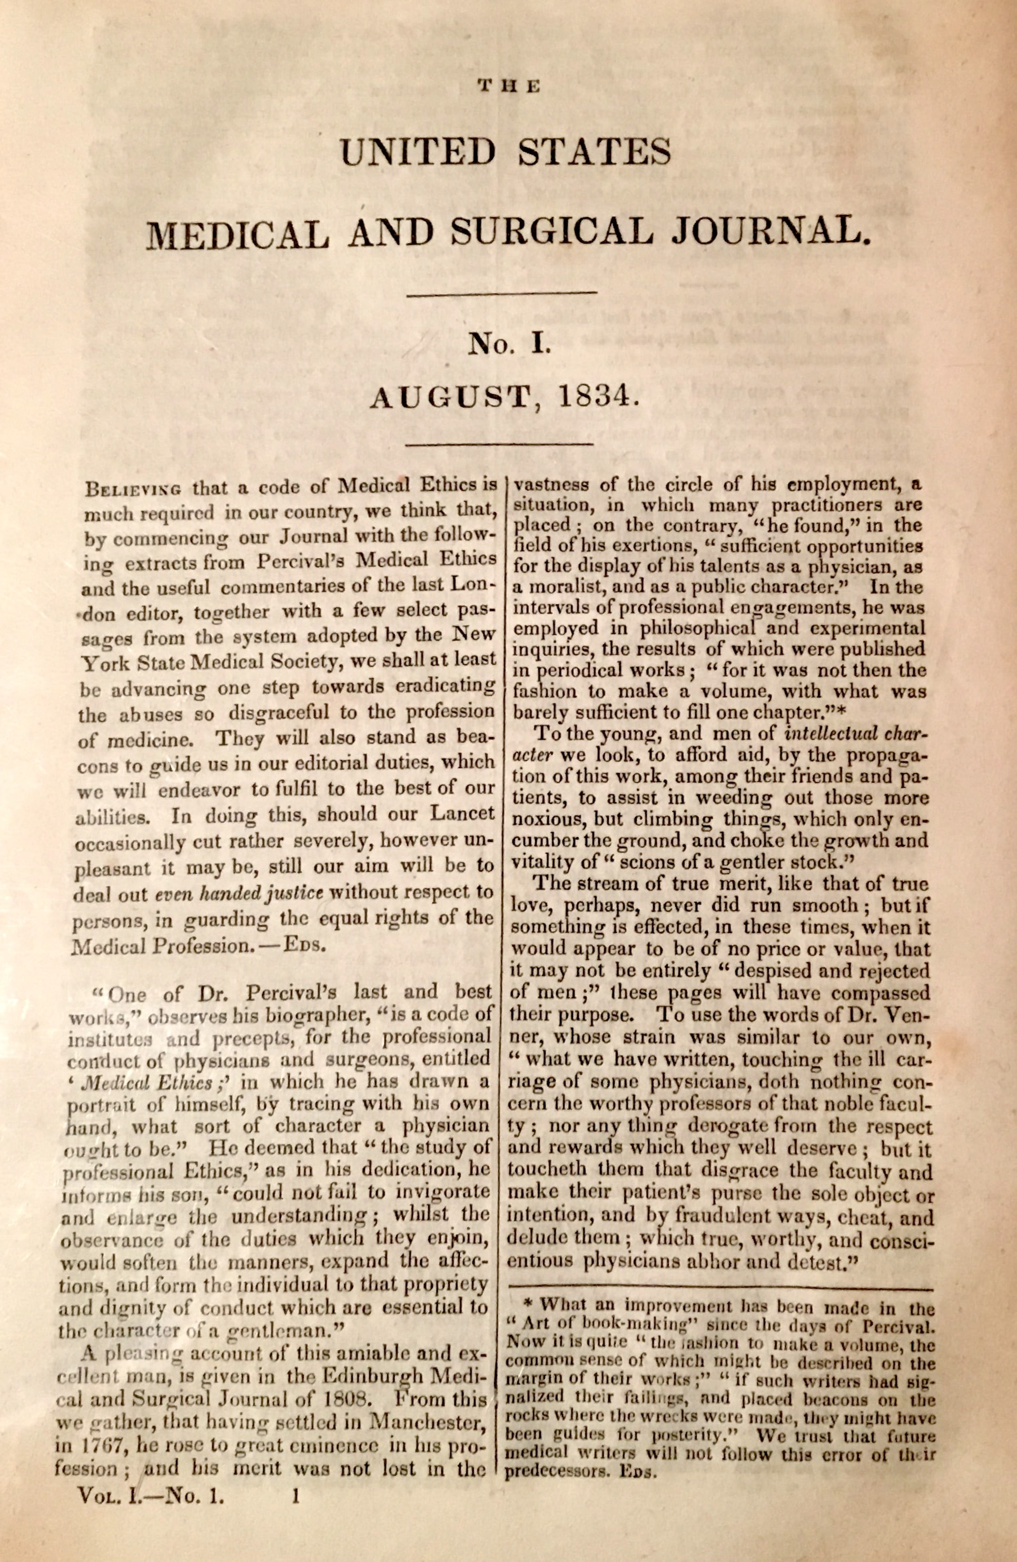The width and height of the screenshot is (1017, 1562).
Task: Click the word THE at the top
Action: click(x=509, y=85)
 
